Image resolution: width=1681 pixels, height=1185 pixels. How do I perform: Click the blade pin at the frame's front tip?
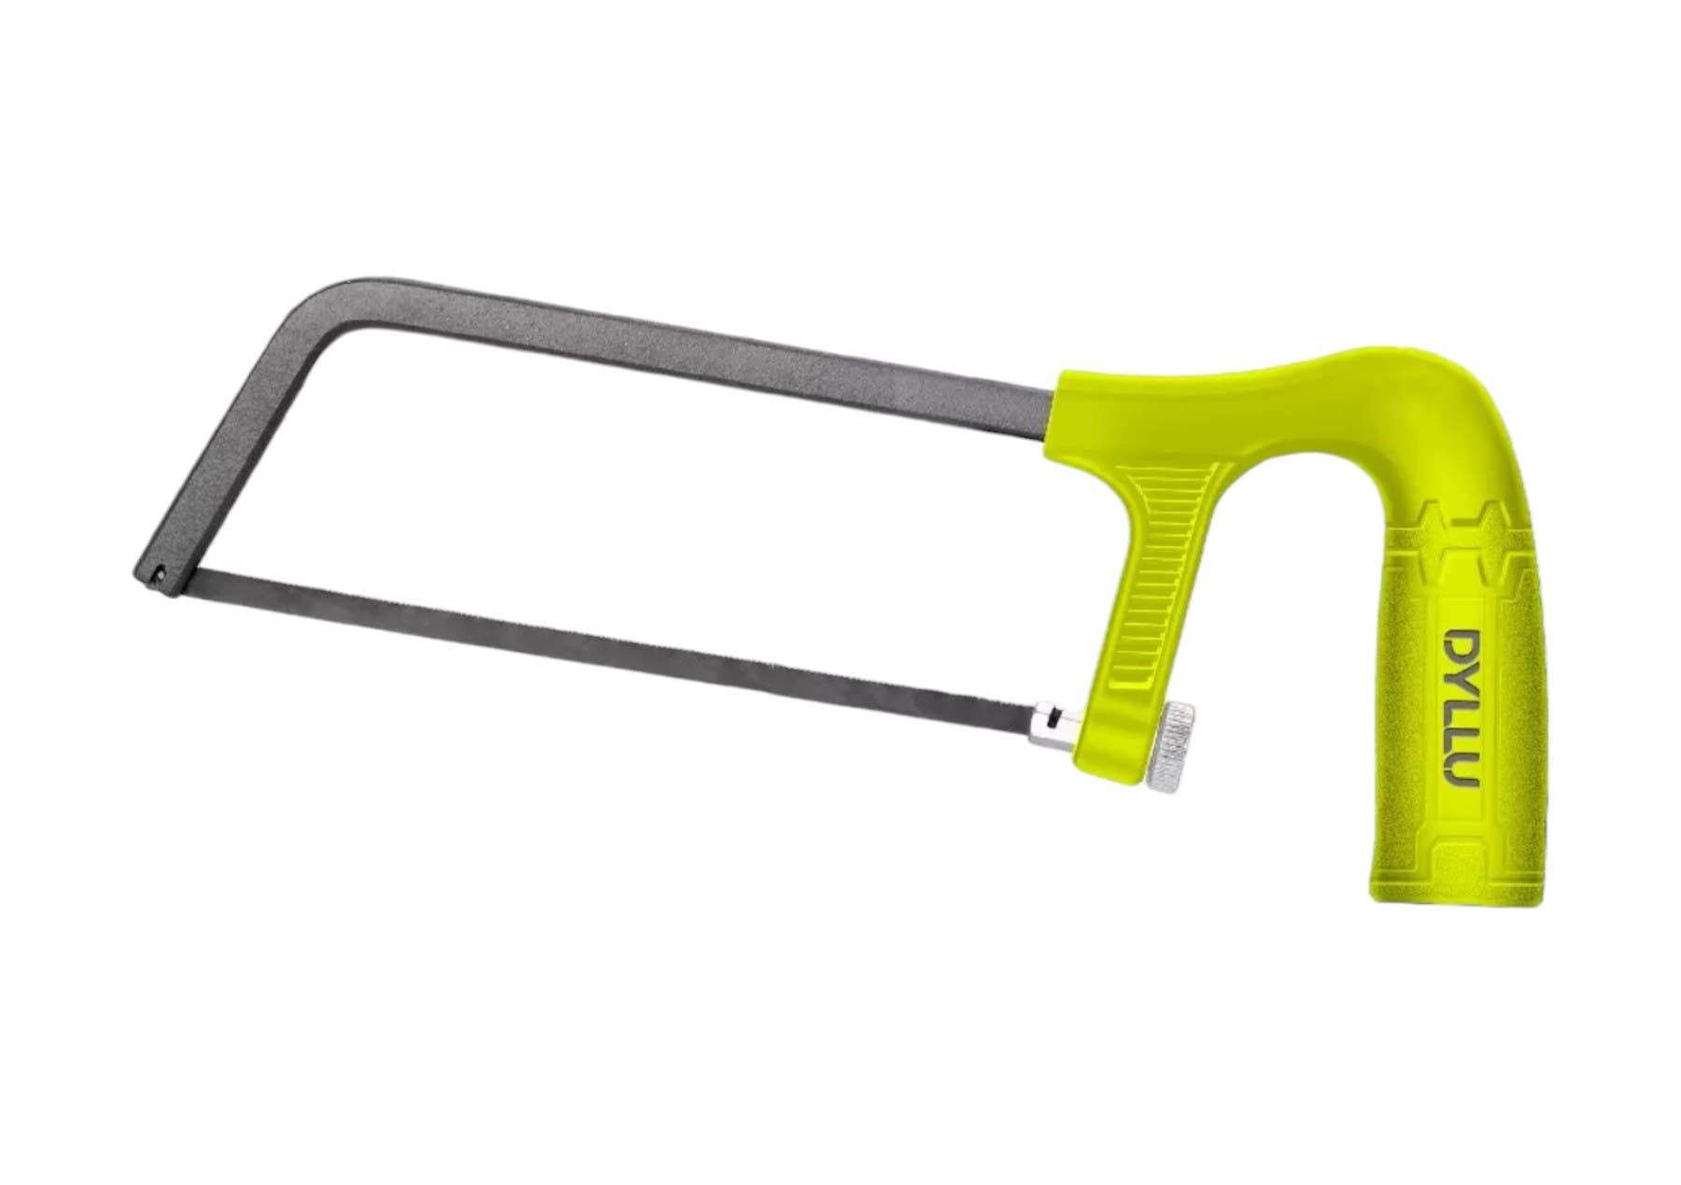tap(162, 572)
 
